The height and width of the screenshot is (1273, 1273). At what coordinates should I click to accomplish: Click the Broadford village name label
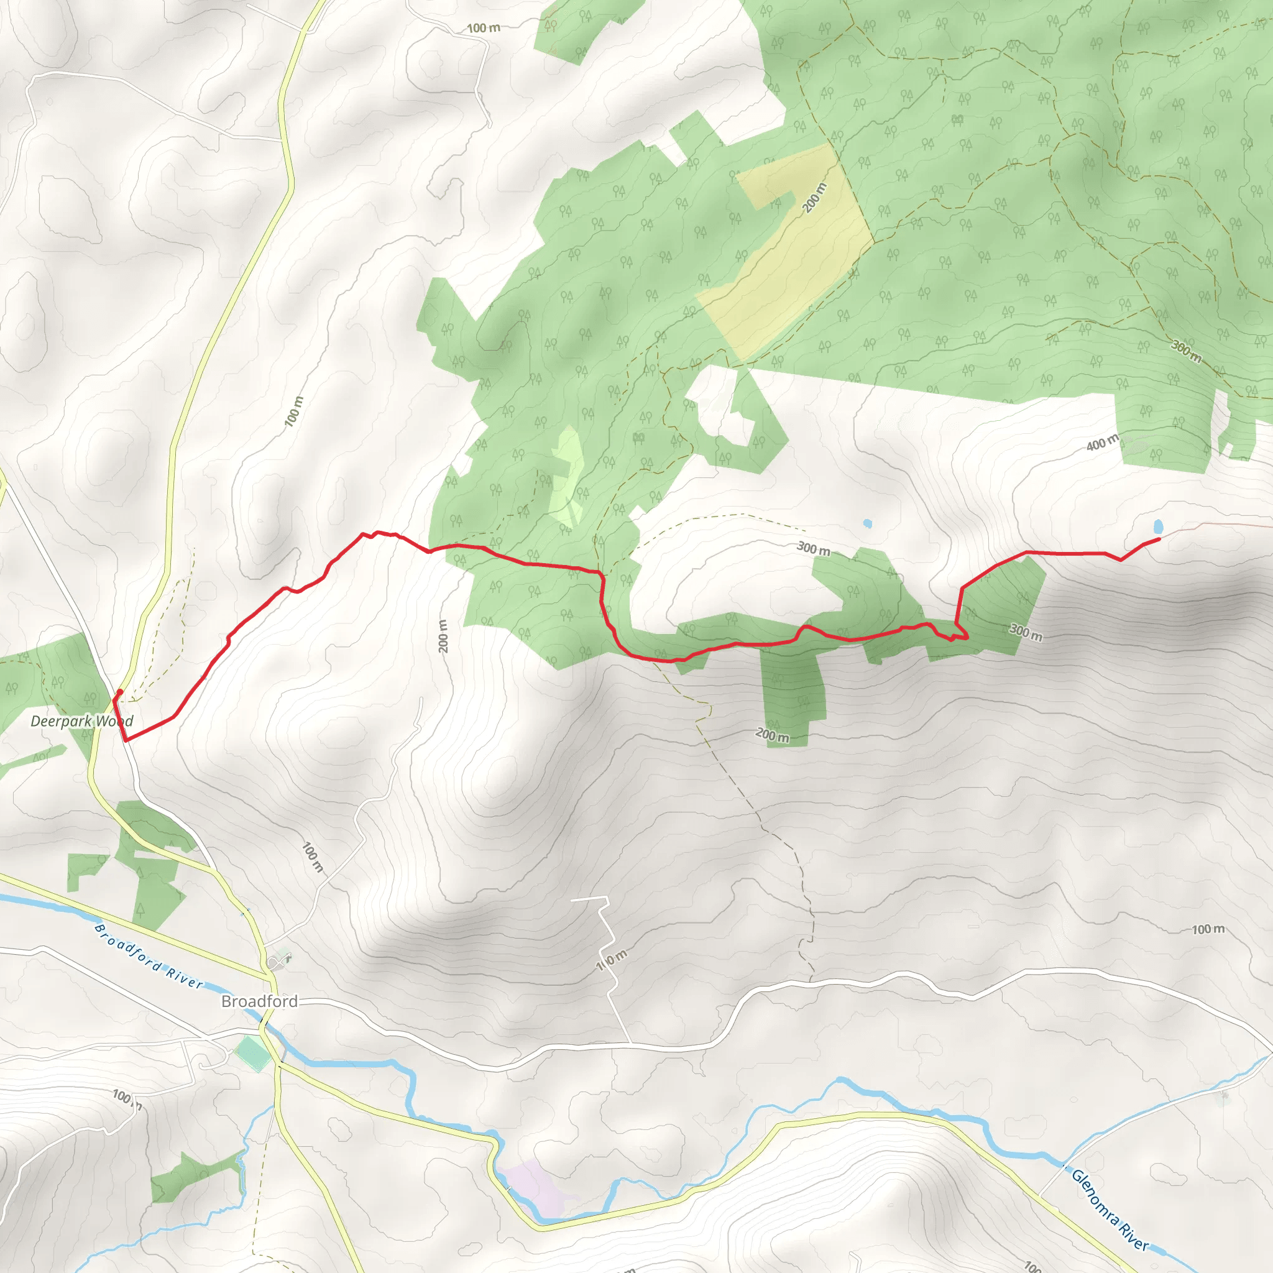(x=259, y=1001)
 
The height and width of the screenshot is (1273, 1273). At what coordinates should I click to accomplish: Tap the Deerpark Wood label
(x=81, y=721)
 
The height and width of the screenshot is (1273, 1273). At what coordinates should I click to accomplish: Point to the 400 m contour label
(x=1102, y=443)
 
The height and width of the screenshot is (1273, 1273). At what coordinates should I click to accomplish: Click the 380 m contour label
(x=1186, y=351)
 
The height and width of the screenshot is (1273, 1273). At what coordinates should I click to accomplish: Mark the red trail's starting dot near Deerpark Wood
(x=120, y=692)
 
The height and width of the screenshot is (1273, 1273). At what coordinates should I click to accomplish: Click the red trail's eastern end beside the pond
(x=1159, y=540)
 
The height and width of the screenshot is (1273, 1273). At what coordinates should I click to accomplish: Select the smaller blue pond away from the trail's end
(x=867, y=524)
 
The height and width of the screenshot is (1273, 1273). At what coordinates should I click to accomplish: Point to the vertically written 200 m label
(x=443, y=636)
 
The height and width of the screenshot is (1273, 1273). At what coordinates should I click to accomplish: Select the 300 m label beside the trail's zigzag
(x=1026, y=632)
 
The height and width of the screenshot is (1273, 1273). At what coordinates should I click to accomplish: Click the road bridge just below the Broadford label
(x=264, y=1021)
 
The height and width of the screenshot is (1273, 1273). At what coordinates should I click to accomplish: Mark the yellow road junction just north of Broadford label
(x=266, y=972)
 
